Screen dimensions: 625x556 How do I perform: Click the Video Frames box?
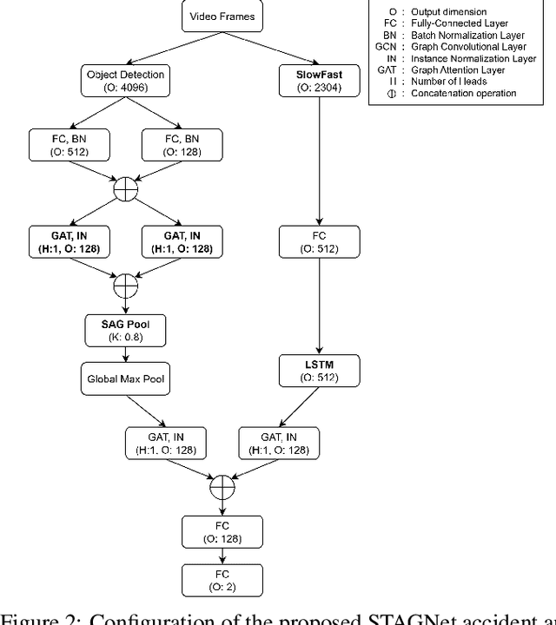click(222, 16)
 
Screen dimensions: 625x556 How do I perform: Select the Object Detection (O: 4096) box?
click(127, 80)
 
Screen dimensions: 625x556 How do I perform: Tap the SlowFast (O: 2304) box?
click(320, 80)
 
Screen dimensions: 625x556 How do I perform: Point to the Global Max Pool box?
click(127, 378)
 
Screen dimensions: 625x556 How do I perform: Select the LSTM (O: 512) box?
click(320, 370)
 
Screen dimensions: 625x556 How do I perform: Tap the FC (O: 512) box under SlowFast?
click(320, 243)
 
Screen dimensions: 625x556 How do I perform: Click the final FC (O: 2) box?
click(222, 581)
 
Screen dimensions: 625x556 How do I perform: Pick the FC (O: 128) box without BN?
click(222, 531)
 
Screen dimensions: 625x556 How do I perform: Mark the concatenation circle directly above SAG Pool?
click(127, 285)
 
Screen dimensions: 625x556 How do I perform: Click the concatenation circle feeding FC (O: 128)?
click(222, 488)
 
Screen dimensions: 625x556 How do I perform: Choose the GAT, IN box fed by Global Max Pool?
click(166, 444)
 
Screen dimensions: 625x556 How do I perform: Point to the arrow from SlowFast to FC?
click(320, 161)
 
